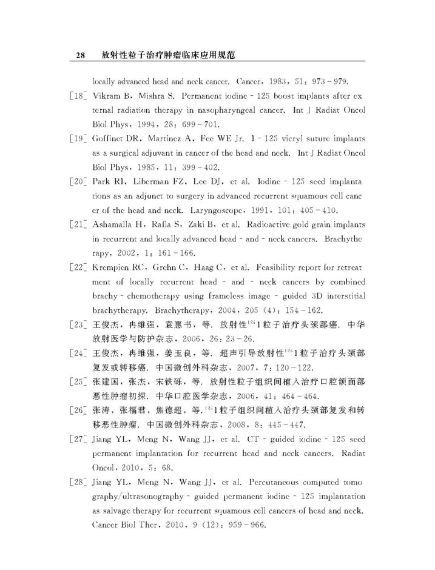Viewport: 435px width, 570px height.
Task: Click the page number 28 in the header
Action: click(80, 56)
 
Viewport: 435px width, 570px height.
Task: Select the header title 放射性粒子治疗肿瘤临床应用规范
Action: click(169, 56)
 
